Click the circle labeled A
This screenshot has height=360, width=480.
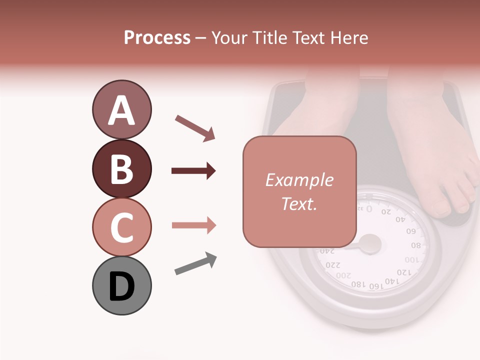coord(121,109)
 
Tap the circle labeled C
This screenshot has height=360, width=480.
coord(121,227)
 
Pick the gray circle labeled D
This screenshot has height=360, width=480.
coord(121,285)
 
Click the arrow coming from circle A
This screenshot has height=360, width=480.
coord(195,127)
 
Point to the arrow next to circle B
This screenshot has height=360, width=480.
coord(193,171)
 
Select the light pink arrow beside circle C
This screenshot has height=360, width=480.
coord(193,225)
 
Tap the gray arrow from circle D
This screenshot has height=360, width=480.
coord(195,263)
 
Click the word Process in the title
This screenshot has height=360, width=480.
coord(157,37)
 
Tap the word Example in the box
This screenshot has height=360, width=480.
coord(299,180)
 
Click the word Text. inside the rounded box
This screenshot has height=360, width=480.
coord(299,203)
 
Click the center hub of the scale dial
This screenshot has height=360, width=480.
coord(370,244)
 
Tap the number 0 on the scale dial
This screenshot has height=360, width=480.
coord(369,208)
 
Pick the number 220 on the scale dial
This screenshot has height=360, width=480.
coord(332,265)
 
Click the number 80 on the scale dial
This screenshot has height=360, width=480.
coord(416,246)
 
